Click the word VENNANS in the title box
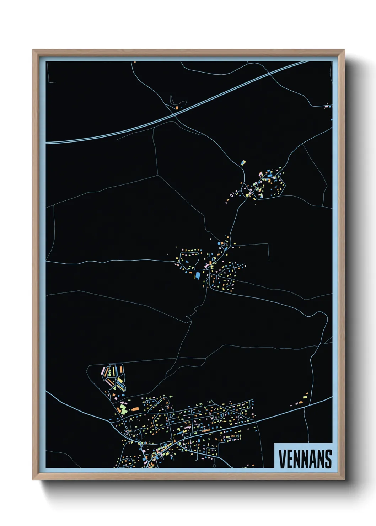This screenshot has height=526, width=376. tap(305, 459)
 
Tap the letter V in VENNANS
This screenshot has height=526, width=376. tap(282, 459)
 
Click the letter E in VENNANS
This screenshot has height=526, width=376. tap(289, 459)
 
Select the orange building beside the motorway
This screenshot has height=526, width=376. tap(177, 107)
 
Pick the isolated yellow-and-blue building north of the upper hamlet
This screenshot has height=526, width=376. tap(243, 163)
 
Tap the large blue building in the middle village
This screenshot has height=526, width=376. tap(198, 275)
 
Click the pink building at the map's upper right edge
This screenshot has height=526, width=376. tap(327, 106)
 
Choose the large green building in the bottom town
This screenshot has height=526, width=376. tap(123, 409)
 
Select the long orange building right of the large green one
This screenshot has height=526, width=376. tap(135, 409)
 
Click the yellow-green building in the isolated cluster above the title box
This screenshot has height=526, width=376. tap(305, 396)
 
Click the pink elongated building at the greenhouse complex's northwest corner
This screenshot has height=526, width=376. tap(103, 371)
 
